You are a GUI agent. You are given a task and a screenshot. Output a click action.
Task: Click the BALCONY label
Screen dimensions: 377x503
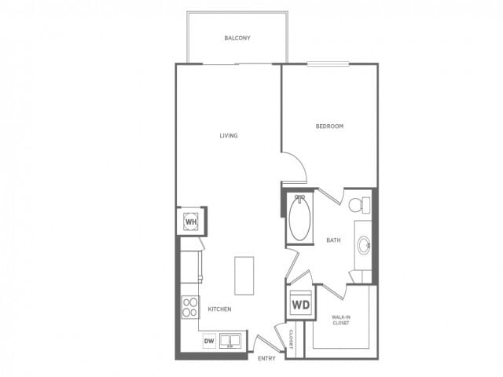click(x=237, y=38)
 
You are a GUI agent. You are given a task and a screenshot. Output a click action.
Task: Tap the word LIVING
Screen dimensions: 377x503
click(x=229, y=136)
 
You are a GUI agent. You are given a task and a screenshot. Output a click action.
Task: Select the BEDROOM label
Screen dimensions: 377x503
click(x=329, y=126)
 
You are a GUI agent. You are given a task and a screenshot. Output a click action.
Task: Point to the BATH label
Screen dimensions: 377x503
click(x=333, y=240)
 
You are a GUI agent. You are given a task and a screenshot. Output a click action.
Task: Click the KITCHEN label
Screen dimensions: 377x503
click(x=219, y=309)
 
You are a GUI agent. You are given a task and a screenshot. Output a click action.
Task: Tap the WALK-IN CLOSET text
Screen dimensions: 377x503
click(x=340, y=319)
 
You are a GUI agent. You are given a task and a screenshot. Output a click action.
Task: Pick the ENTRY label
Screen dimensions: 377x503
click(x=266, y=358)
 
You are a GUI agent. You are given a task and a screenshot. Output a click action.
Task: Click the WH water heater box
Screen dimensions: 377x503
click(x=191, y=222)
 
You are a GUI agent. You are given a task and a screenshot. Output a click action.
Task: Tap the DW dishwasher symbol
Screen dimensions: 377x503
click(x=209, y=341)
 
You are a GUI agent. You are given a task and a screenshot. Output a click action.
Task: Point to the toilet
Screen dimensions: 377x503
click(x=358, y=205)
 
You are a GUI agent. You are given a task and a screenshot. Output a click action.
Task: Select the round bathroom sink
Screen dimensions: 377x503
click(x=364, y=245)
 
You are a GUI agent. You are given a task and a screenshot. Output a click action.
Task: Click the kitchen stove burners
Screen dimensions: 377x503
click(x=189, y=306)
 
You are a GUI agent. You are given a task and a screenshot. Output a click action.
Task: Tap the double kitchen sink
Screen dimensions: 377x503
click(x=230, y=341)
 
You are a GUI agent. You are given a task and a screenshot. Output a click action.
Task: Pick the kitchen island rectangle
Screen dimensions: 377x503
click(x=244, y=275)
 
